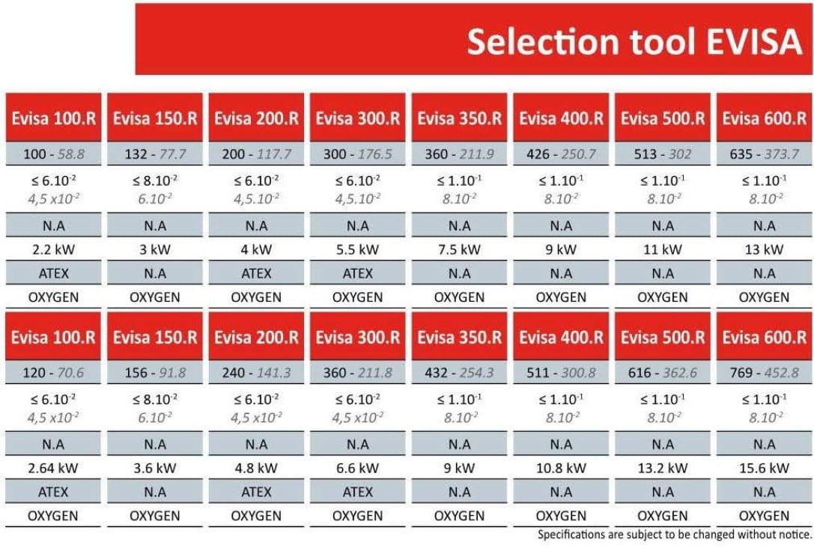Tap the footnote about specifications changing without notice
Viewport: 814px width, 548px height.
(674, 535)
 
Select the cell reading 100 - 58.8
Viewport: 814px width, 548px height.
(53, 155)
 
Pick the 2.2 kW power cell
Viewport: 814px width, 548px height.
(53, 250)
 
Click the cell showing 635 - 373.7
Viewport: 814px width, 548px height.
(764, 155)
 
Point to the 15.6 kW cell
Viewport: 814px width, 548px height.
(764, 469)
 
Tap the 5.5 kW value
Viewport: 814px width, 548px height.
(358, 250)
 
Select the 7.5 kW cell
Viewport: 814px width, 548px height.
(460, 250)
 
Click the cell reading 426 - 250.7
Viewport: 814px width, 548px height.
(561, 155)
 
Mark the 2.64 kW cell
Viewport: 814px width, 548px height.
(53, 469)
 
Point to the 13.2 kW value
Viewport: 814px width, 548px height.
(663, 469)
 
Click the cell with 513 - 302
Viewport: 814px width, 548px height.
(663, 155)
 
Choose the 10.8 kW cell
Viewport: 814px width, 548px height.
(561, 469)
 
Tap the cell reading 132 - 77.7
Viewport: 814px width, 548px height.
(155, 155)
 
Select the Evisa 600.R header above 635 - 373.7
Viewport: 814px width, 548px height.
(764, 118)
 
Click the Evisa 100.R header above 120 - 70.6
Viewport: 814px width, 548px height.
(53, 337)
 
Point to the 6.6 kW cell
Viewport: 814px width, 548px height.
(358, 469)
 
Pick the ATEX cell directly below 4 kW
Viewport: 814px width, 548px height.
(256, 274)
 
